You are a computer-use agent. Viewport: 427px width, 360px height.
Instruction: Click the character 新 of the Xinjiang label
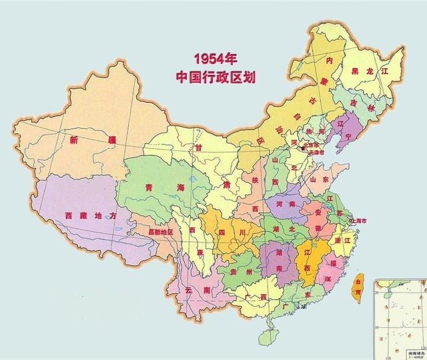(x=74, y=140)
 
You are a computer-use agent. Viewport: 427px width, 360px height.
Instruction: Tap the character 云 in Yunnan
(x=189, y=290)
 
